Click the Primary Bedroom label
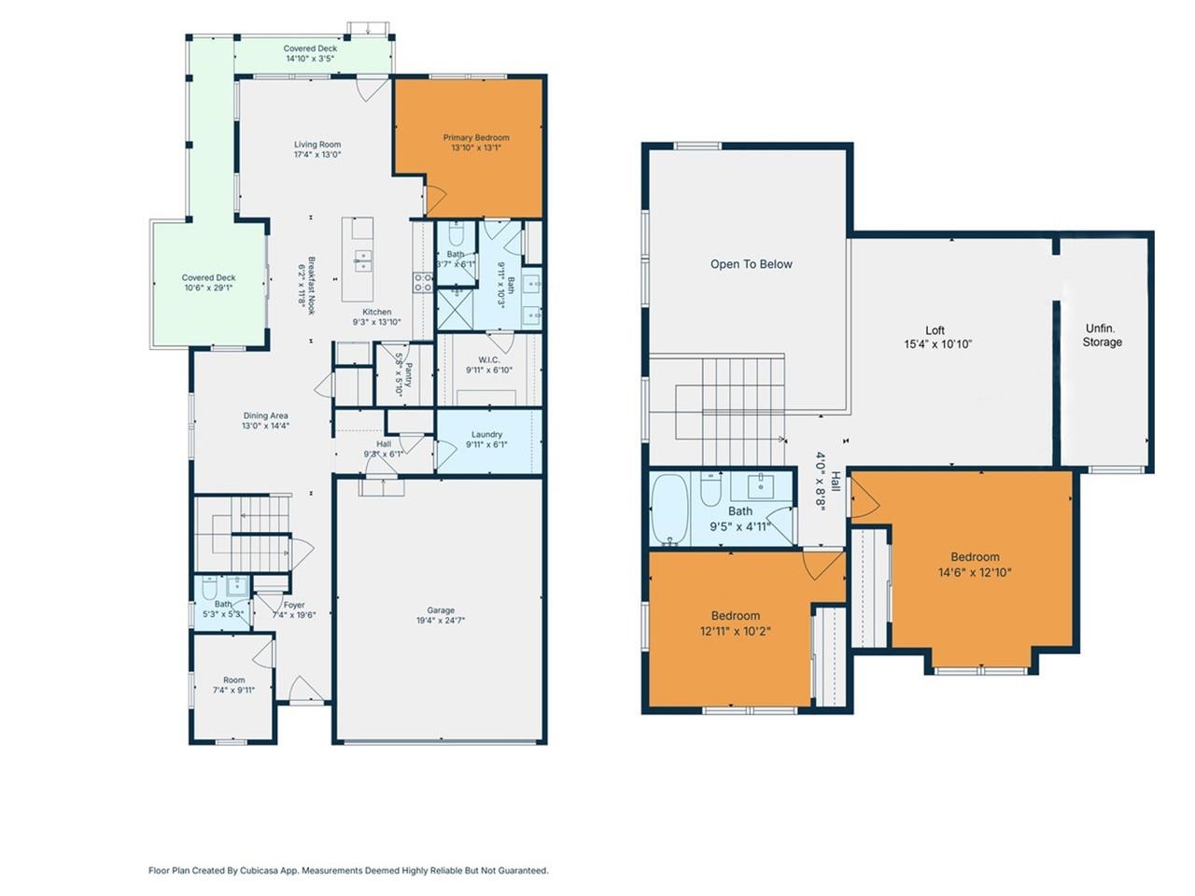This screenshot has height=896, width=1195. pyautogui.click(x=476, y=138)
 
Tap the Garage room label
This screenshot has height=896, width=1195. pyautogui.click(x=441, y=611)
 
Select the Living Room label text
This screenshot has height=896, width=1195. pyautogui.click(x=317, y=145)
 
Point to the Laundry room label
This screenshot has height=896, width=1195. pyautogui.click(x=486, y=435)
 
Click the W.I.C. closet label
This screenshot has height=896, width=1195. pyautogui.click(x=489, y=359)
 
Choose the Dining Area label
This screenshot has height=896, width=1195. pyautogui.click(x=266, y=416)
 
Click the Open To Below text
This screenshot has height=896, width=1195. pyautogui.click(x=751, y=264)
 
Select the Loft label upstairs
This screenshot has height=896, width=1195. pyautogui.click(x=935, y=330)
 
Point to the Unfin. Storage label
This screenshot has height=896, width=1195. pyautogui.click(x=1102, y=335)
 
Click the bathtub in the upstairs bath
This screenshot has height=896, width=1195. pyautogui.click(x=668, y=509)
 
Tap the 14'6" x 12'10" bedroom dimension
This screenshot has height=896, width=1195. pyautogui.click(x=975, y=573)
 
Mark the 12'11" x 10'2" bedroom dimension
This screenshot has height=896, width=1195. pyautogui.click(x=735, y=631)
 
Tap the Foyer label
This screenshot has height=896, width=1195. pyautogui.click(x=294, y=605)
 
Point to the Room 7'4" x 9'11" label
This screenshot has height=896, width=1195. pyautogui.click(x=233, y=680)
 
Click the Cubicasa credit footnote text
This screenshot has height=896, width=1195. pyautogui.click(x=348, y=870)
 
